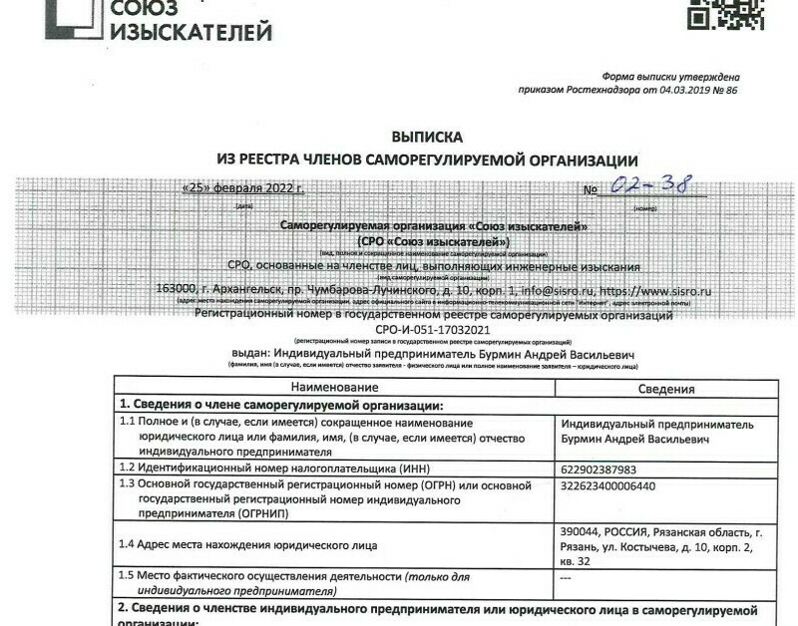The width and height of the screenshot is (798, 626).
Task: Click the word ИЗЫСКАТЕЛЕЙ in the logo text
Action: point(190,32)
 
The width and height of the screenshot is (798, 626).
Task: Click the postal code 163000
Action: point(177,291)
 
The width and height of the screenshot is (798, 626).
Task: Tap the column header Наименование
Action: point(334,387)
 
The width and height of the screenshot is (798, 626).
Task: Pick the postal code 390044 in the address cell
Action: point(582,530)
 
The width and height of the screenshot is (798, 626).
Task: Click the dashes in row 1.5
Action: point(566,576)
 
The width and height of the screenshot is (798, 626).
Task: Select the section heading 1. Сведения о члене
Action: point(280,405)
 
